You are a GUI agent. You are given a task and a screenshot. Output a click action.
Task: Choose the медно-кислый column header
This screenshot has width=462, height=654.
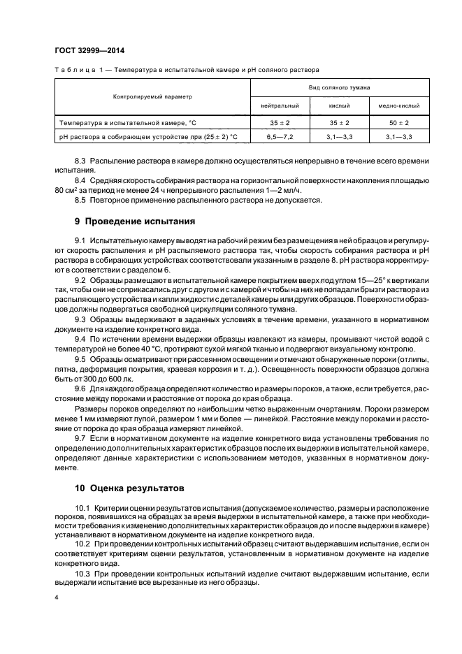point(399,106)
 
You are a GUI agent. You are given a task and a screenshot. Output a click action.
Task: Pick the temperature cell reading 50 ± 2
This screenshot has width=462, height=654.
point(399,123)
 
